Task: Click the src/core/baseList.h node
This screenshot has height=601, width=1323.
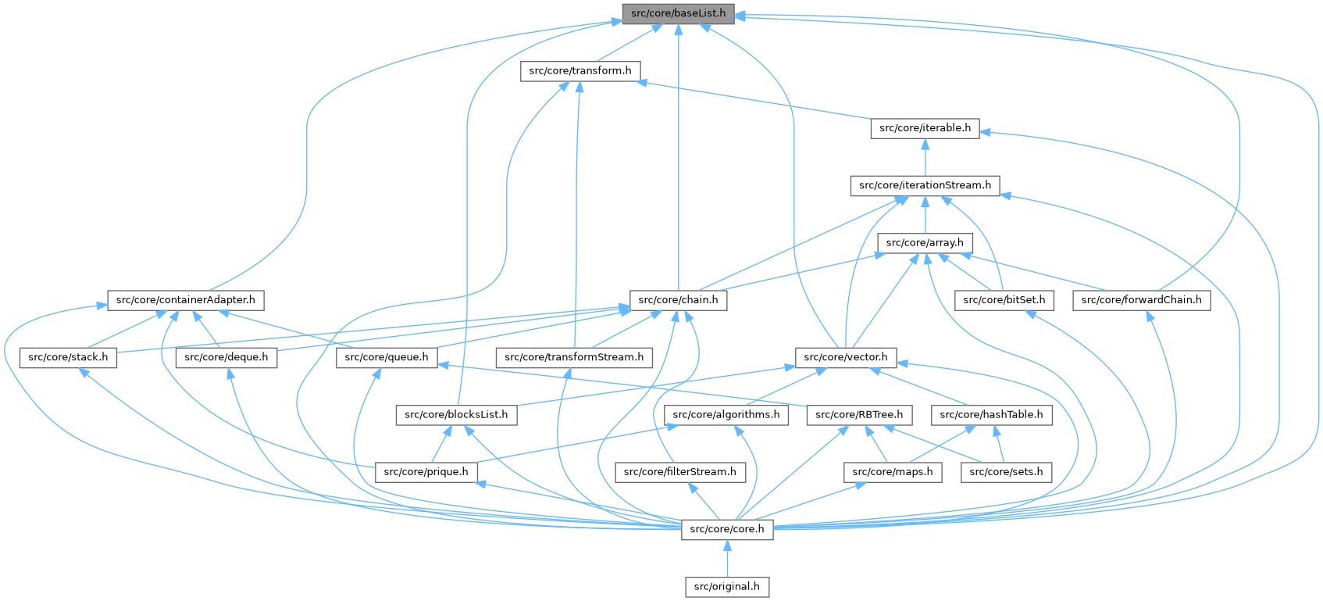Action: (678, 13)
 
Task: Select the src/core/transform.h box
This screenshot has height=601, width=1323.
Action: (580, 71)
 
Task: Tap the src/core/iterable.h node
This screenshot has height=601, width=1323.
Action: (925, 128)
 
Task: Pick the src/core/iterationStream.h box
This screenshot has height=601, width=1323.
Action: (925, 185)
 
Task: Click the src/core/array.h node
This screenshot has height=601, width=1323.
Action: (925, 243)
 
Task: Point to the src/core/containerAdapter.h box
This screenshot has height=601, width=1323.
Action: (185, 300)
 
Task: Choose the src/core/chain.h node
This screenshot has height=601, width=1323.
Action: (678, 300)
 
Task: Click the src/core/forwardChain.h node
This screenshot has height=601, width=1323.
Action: (1141, 300)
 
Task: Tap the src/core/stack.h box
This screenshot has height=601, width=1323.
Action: (68, 358)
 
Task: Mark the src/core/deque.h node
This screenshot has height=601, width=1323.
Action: (226, 358)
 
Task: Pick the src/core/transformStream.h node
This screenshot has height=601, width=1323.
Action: (574, 358)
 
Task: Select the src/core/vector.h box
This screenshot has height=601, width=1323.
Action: (846, 358)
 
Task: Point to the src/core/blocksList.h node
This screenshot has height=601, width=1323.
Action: (456, 415)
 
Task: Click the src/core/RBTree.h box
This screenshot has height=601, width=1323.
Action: (859, 415)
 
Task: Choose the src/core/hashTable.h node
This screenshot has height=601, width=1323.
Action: (991, 415)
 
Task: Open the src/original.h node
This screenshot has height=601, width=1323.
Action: (727, 587)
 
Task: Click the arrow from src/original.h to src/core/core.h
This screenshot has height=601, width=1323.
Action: (727, 559)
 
